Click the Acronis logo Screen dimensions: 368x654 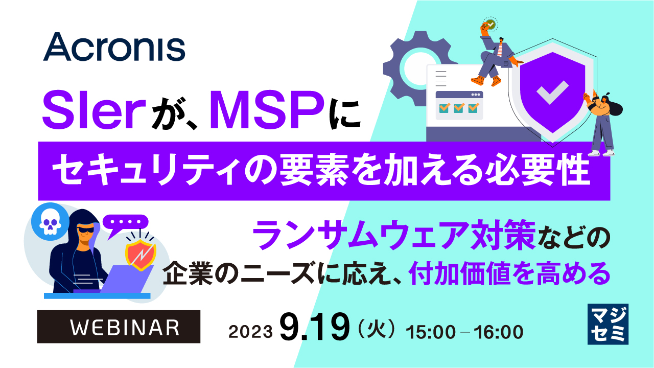tap(114, 47)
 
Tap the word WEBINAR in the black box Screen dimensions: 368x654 tap(119, 327)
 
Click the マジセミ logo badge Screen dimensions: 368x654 tap(608, 324)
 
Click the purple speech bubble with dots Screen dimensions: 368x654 tap(125, 223)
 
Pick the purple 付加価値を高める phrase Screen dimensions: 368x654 tap(510, 273)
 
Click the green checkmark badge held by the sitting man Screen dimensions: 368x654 tap(490, 24)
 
